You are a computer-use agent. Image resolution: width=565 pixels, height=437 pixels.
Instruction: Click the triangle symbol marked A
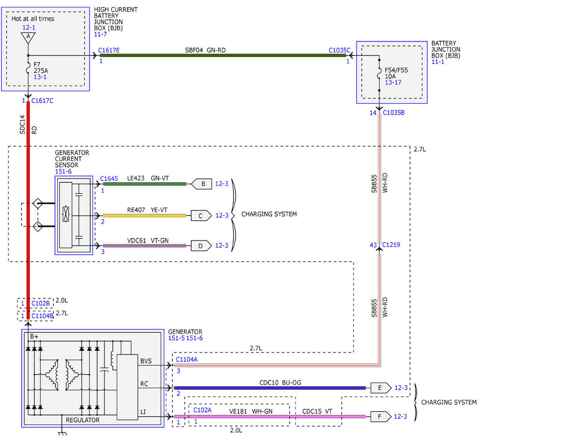[28, 37]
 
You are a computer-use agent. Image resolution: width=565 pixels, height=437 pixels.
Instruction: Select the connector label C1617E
[109, 50]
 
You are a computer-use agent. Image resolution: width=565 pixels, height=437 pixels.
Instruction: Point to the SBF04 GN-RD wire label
[205, 50]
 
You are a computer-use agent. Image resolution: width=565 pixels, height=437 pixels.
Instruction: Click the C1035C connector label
[339, 50]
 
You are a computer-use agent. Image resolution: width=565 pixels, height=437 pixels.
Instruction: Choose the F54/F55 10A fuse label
[396, 73]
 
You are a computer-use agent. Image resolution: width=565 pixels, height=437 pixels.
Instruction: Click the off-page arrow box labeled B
[202, 184]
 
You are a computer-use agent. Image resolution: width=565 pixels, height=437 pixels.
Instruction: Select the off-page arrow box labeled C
[201, 215]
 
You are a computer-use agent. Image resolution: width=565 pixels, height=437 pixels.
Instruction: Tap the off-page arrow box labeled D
[201, 246]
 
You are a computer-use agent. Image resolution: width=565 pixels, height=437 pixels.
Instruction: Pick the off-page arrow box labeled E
[380, 388]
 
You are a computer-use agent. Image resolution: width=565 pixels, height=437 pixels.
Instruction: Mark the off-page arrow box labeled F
[380, 416]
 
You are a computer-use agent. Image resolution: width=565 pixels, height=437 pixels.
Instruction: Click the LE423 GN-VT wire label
[148, 178]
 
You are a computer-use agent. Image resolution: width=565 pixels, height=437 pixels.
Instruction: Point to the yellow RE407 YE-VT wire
[145, 215]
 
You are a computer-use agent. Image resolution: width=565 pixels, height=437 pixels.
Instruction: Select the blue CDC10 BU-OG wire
[270, 388]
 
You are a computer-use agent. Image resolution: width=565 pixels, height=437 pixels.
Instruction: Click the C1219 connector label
[391, 245]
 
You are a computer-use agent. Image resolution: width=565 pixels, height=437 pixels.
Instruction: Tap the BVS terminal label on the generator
[146, 361]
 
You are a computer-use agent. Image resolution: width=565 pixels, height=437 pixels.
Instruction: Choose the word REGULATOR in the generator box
[83, 420]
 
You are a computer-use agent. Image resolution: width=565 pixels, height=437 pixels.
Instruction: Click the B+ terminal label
[34, 336]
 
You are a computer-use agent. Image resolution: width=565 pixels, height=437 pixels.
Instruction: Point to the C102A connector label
[202, 410]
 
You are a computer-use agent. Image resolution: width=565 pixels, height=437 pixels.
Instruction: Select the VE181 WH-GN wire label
[250, 411]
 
